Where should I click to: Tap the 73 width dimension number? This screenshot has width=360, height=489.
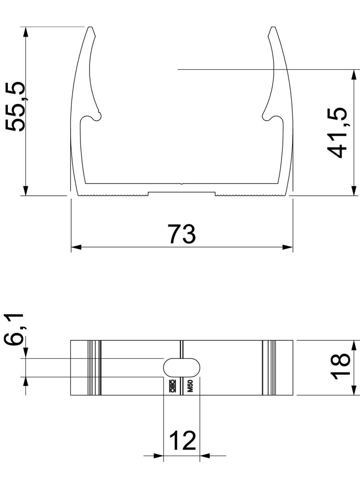click(181, 233)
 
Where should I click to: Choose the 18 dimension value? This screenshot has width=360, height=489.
click(340, 367)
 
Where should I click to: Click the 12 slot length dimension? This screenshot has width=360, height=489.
click(183, 441)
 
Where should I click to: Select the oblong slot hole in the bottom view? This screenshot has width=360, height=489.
click(182, 367)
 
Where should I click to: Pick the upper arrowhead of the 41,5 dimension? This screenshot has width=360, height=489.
click(354, 75)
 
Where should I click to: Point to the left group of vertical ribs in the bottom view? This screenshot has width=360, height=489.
click(94, 367)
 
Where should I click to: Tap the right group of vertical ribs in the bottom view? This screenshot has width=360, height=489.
click(269, 367)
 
